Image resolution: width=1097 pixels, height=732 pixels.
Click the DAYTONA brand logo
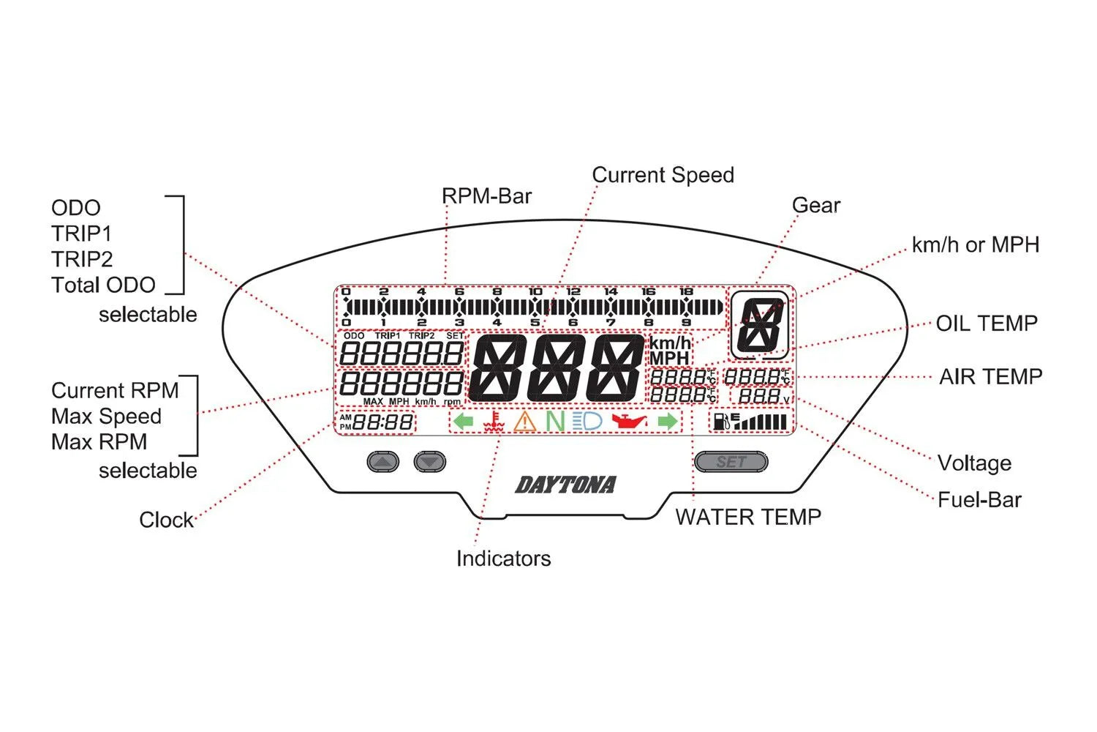tap(565, 485)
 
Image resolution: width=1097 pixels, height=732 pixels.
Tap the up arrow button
tap(382, 462)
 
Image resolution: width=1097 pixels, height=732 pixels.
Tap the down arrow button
tap(429, 462)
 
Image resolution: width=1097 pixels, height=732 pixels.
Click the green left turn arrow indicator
tap(463, 421)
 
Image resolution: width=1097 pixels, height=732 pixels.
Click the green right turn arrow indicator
tap(667, 421)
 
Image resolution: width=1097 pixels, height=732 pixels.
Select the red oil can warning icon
tap(629, 421)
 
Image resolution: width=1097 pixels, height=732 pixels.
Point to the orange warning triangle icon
tap(524, 422)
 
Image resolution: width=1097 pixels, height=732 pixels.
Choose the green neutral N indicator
tap(555, 421)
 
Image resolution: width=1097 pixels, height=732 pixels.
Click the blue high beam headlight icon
tap(587, 421)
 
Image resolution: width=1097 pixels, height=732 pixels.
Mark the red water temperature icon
tap(495, 422)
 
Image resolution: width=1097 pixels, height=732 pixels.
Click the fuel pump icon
tap(721, 422)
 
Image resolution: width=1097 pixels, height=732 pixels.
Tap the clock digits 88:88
tap(383, 422)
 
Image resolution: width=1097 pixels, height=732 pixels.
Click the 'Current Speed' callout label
tap(663, 175)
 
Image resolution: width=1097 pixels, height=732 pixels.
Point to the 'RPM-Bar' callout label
tap(486, 196)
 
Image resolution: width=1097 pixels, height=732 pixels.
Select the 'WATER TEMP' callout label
tap(748, 517)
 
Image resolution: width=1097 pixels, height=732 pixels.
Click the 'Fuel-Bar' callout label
tap(979, 500)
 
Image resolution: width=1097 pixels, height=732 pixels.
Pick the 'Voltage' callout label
tap(974, 463)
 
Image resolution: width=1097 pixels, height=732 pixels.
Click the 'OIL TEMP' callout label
tap(987, 324)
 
